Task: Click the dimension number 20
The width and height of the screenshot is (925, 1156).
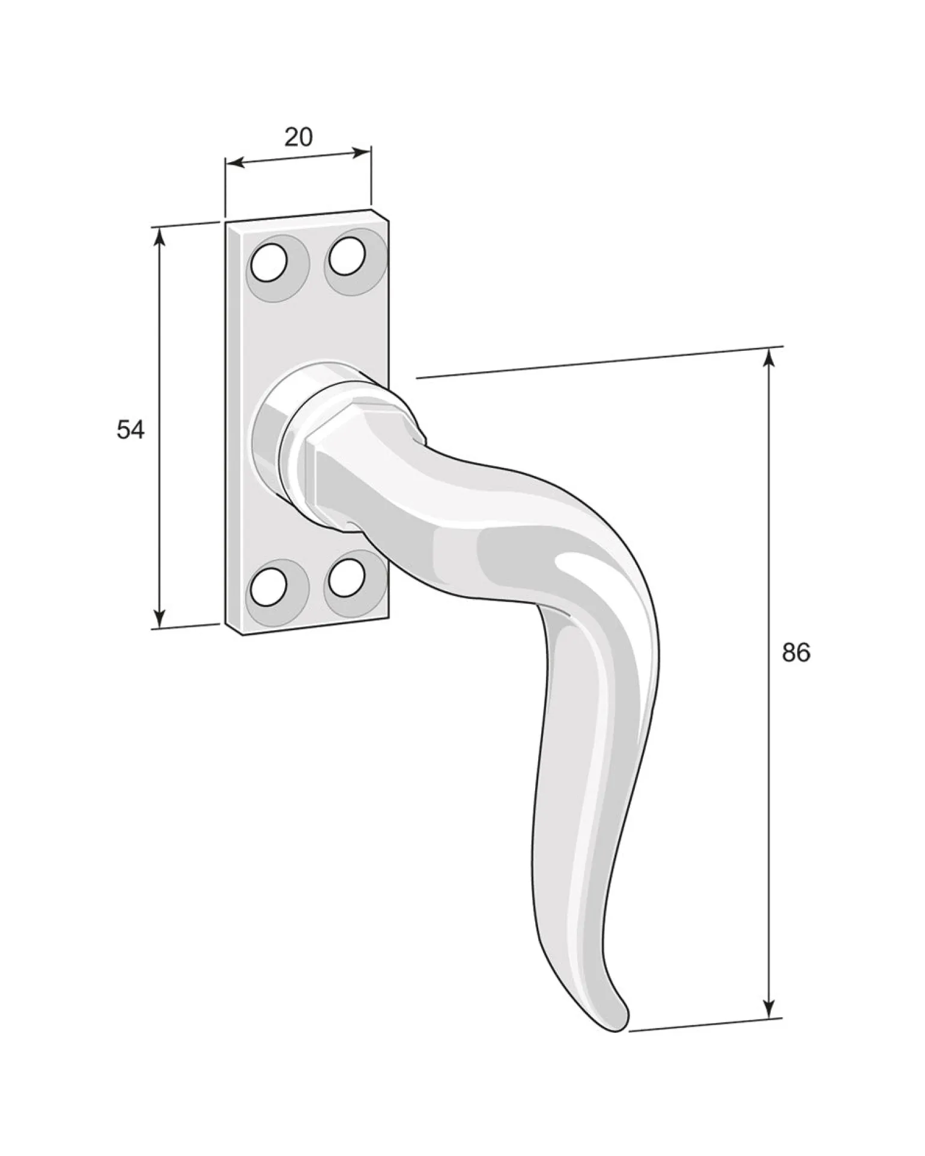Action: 299,138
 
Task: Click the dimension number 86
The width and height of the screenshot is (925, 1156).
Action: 796,653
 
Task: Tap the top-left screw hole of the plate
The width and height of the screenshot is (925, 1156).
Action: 268,263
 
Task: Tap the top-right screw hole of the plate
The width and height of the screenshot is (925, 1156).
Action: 345,257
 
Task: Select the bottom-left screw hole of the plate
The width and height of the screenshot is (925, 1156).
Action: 268,586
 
